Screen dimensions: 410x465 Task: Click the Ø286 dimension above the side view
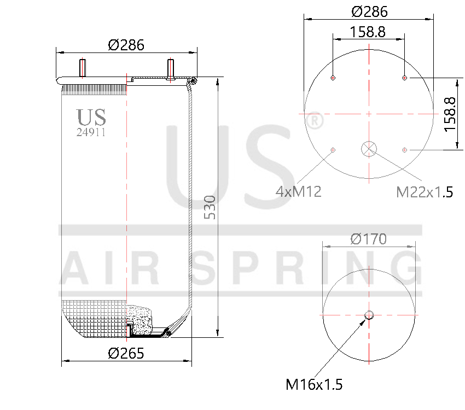pos(126,45)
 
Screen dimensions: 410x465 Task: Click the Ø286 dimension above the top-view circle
pos(369,11)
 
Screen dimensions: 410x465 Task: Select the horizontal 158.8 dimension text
pos(368,32)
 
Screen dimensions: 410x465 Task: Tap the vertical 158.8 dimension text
pos(450,114)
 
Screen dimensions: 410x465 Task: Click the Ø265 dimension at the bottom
pos(126,353)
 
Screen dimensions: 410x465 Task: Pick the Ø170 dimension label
pos(368,239)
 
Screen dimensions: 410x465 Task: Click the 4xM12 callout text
pos(298,191)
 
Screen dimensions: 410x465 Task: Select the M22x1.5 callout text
pos(425,192)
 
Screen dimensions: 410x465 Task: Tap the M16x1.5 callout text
pos(314,384)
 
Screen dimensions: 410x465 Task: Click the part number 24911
pos(91,132)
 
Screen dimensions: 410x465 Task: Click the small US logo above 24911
pos(91,117)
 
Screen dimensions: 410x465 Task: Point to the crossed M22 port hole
pos(369,148)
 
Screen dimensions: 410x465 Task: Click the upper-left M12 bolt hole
pos(333,78)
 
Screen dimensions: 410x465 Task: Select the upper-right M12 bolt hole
pos(405,78)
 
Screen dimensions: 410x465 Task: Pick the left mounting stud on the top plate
pos(83,68)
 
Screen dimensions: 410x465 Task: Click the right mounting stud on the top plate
pos(170,69)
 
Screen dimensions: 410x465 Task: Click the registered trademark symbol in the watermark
pos(313,121)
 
